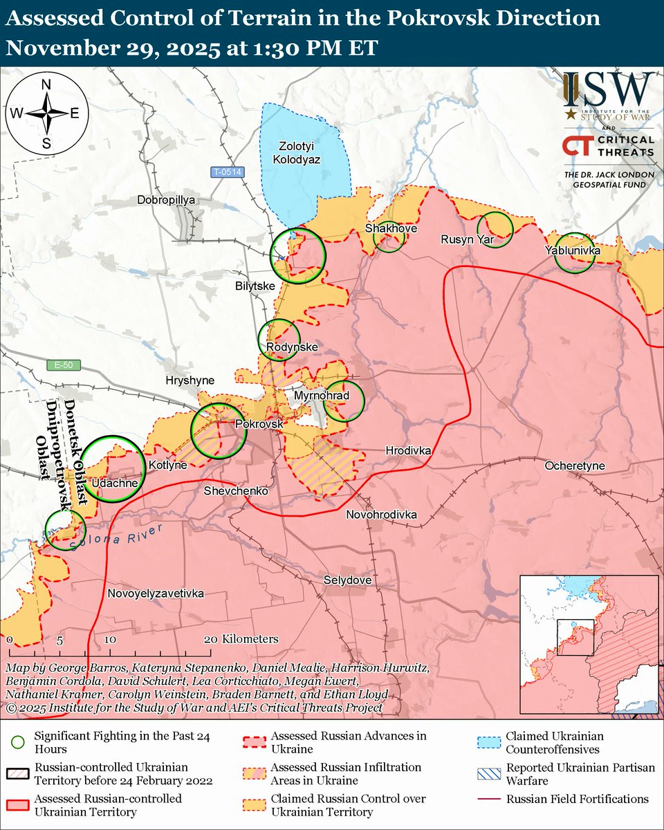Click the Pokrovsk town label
pyautogui.click(x=259, y=424)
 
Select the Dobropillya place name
pyautogui.click(x=167, y=199)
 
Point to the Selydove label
pyautogui.click(x=347, y=580)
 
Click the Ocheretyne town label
pyautogui.click(x=574, y=465)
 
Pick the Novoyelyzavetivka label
pyautogui.click(x=156, y=593)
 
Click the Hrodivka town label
pyautogui.click(x=409, y=451)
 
